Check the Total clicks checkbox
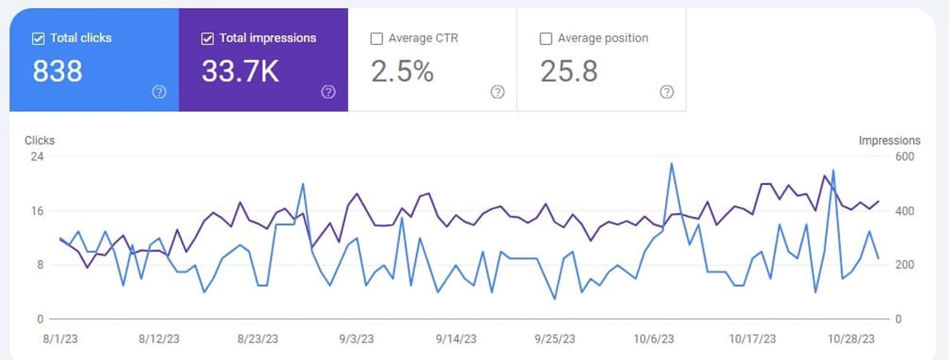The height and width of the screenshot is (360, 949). click(x=38, y=38)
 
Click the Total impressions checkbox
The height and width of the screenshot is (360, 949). click(x=208, y=38)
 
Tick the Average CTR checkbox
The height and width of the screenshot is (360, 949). click(x=377, y=38)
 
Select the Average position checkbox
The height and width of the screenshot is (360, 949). click(x=546, y=38)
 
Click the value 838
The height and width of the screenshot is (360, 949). click(x=57, y=72)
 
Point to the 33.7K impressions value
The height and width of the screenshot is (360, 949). click(x=240, y=72)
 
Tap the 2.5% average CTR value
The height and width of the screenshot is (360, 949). click(x=402, y=72)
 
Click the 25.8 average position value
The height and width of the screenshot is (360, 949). click(x=569, y=72)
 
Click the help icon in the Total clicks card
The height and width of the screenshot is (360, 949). click(x=159, y=92)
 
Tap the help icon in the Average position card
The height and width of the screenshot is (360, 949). click(x=667, y=92)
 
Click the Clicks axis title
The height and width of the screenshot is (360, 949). click(x=40, y=140)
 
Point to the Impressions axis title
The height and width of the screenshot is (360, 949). click(x=889, y=140)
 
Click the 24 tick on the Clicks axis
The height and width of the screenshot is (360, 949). click(x=37, y=156)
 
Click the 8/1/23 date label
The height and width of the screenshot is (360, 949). click(x=59, y=338)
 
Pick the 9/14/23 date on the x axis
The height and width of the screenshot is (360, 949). click(x=457, y=338)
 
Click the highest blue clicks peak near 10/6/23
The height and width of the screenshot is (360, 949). click(x=671, y=164)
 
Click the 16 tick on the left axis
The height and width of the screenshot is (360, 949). click(x=37, y=211)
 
